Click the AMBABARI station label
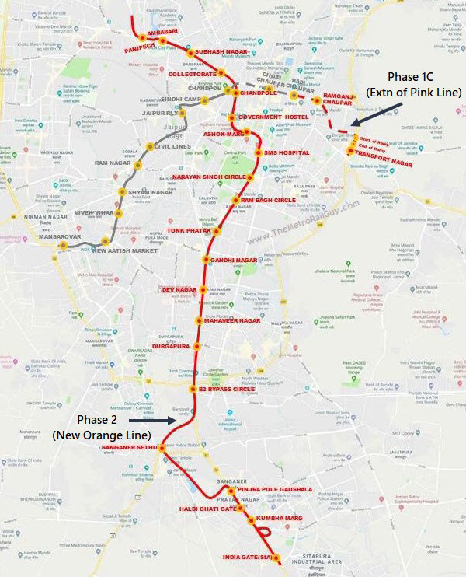pos(165,34)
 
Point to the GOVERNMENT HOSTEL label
pos(269,117)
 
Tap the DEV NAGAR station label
pos(179,289)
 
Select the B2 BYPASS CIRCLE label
pos(227,367)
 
